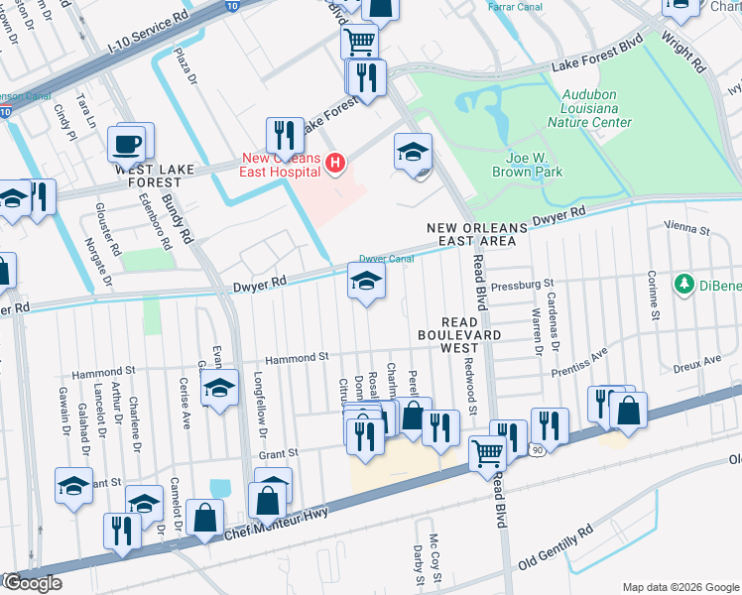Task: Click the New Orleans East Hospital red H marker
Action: click(x=336, y=163)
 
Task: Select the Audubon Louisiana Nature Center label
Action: click(x=589, y=113)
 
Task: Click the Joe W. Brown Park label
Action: click(x=527, y=164)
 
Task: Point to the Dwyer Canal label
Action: click(x=386, y=258)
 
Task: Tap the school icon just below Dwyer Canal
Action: click(x=366, y=281)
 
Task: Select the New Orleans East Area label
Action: click(x=472, y=234)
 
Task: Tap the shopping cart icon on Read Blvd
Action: click(x=487, y=453)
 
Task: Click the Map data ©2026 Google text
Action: click(x=680, y=587)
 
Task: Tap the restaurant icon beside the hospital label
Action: click(x=285, y=135)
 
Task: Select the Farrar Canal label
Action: click(x=514, y=6)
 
